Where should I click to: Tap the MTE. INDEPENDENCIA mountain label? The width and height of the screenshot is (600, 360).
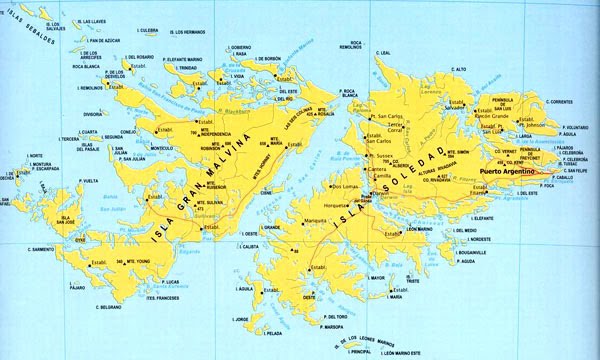pyautogui.click(x=222, y=134)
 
